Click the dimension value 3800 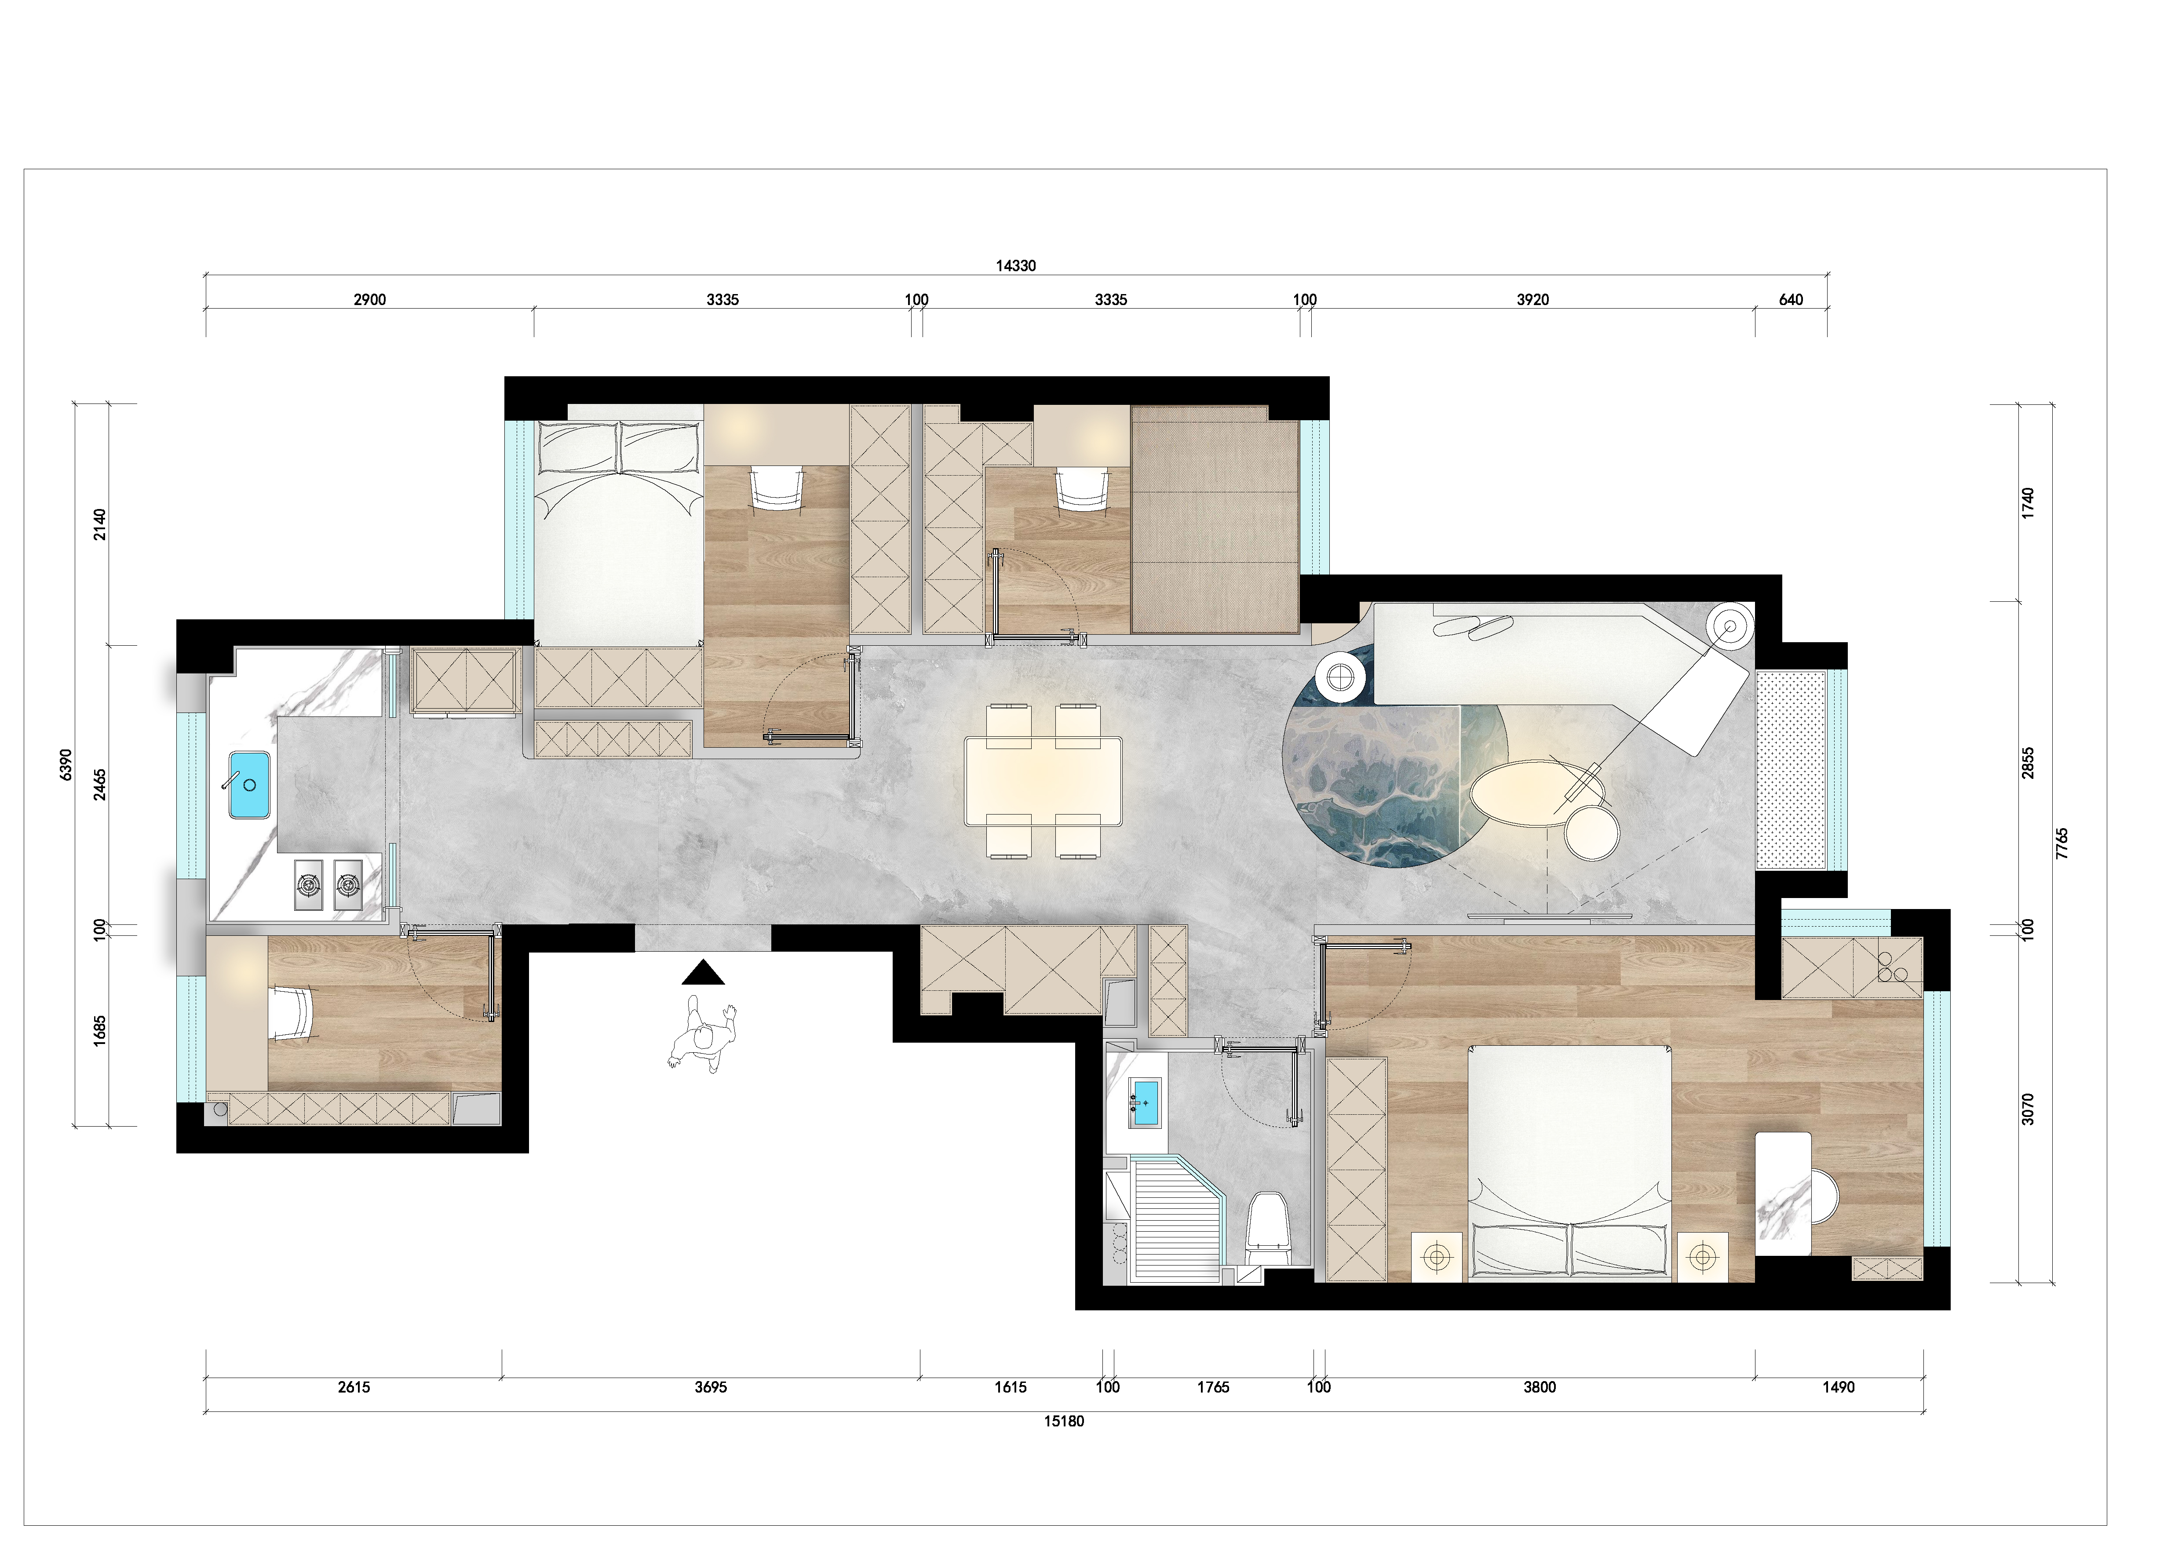[1540, 1387]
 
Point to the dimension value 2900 [370, 299]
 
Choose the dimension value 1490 [1838, 1387]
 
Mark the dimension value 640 [1791, 299]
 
